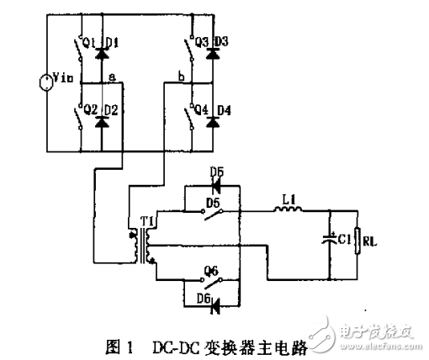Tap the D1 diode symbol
[x=103, y=51]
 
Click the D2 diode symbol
[x=103, y=123]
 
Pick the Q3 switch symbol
[x=189, y=50]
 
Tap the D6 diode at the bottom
[x=210, y=299]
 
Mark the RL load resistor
[x=359, y=243]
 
